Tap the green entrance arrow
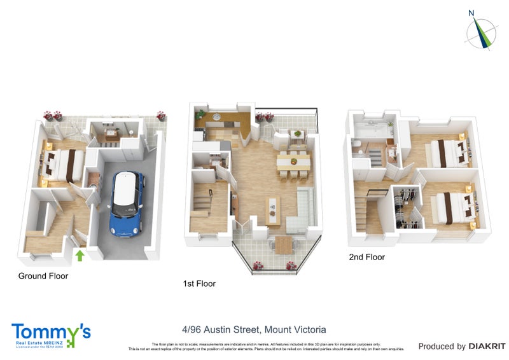(x=80, y=256)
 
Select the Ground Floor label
(x=43, y=276)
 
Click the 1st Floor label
(x=199, y=284)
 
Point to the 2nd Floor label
(x=366, y=258)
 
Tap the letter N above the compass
(x=471, y=13)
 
